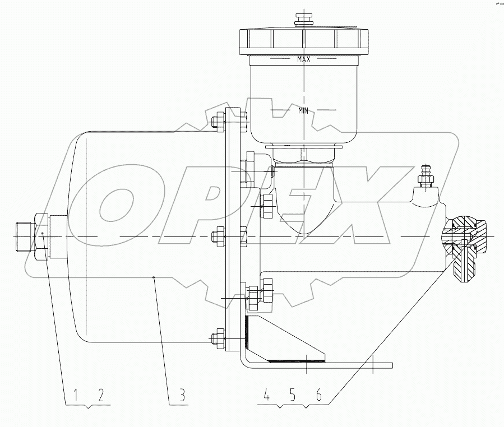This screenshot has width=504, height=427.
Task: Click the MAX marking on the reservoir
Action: click(x=304, y=59)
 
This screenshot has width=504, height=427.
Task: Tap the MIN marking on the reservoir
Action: click(x=304, y=110)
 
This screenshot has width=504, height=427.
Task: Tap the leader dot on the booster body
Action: click(x=154, y=276)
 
